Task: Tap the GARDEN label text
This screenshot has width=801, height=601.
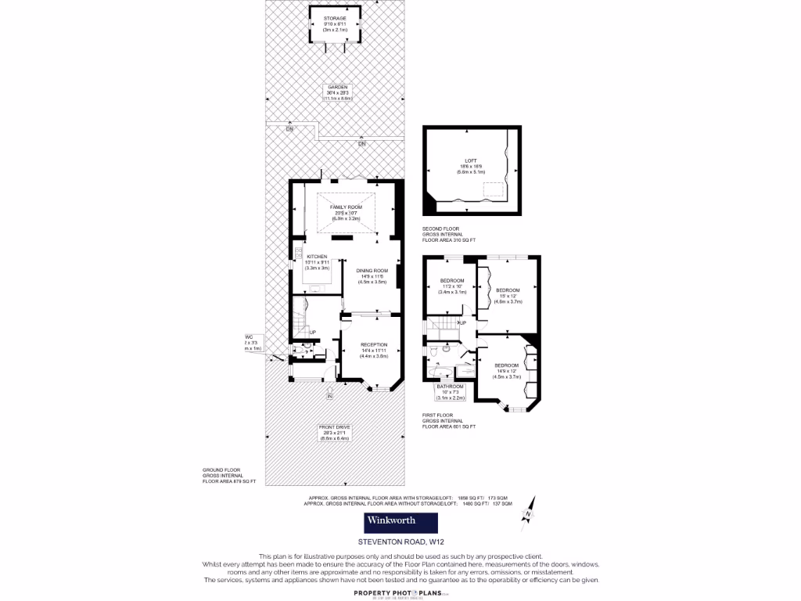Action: coord(339,87)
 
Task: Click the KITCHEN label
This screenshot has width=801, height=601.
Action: coord(316,257)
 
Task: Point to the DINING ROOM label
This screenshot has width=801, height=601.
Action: coord(372,271)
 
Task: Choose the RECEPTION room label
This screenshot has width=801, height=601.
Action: coord(374,344)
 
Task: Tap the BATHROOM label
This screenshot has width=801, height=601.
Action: coord(451,387)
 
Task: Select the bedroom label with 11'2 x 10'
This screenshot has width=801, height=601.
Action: coord(452,281)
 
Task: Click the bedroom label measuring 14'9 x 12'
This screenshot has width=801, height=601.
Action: coord(506,365)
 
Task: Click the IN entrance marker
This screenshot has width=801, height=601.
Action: coord(329,397)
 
